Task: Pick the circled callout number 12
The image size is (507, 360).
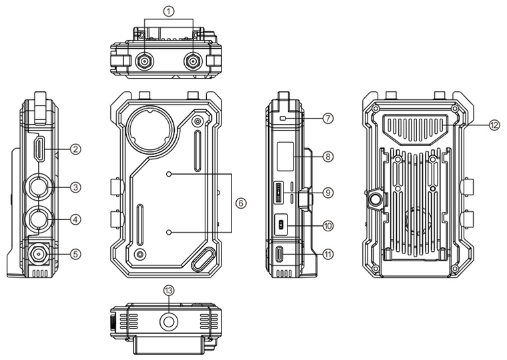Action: [x=493, y=125]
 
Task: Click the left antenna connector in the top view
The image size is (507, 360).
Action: [x=143, y=63]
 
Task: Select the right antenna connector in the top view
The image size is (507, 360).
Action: [x=193, y=63]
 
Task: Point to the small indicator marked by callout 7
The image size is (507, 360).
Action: [x=283, y=118]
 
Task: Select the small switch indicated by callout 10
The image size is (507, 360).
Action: [x=281, y=225]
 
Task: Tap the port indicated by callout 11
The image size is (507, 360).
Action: [x=280, y=254]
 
